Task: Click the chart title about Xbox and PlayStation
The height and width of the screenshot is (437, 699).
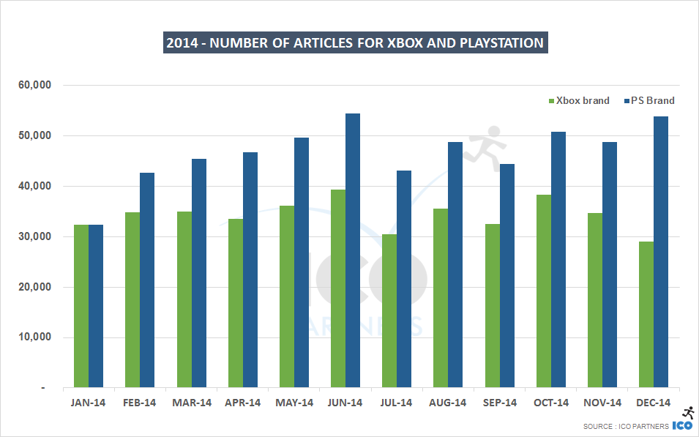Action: [x=355, y=43]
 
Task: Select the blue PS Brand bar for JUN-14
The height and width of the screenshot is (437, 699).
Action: [x=353, y=250]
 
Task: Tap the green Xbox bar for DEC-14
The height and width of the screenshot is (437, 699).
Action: [x=646, y=314]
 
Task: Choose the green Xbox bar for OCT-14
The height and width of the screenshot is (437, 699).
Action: [x=543, y=291]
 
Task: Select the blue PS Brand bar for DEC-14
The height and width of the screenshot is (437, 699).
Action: [x=661, y=252]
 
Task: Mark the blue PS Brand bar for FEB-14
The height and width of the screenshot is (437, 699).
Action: [x=147, y=280]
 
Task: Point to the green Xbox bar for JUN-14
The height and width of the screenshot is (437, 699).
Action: [x=338, y=288]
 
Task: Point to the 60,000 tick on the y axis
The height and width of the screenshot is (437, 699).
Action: [x=34, y=85]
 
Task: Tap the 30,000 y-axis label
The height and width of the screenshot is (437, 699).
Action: [x=34, y=236]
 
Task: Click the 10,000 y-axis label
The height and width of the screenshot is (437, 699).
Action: [x=34, y=337]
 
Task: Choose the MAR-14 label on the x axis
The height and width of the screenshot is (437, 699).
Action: [x=192, y=403]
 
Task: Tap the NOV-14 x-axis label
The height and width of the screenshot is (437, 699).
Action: [x=602, y=403]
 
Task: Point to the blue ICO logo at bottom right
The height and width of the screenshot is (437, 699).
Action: [x=682, y=425]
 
